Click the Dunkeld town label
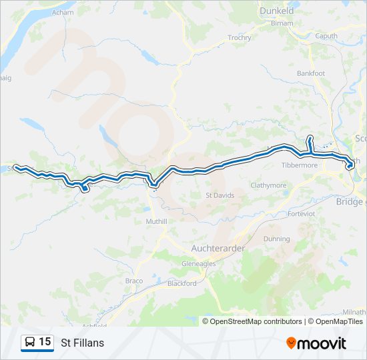tap(278, 11)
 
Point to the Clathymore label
tap(268, 185)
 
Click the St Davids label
tap(218, 195)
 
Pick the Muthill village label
tap(156, 220)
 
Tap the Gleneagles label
tap(198, 263)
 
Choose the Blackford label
tap(182, 283)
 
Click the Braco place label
tap(134, 281)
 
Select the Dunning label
tap(277, 239)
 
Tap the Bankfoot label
tap(311, 73)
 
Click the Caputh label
tap(326, 36)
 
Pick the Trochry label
tap(239, 38)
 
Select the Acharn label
tap(63, 13)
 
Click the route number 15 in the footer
tap(45, 342)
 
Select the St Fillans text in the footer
tap(82, 343)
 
